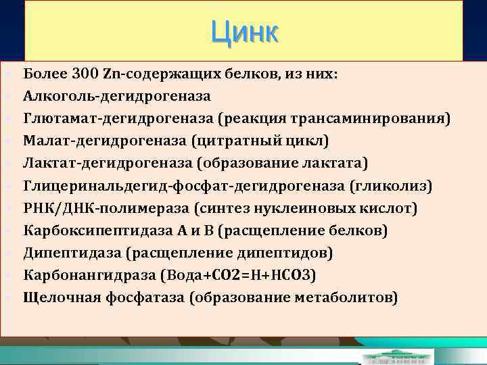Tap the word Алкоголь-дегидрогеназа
tap(116, 97)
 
